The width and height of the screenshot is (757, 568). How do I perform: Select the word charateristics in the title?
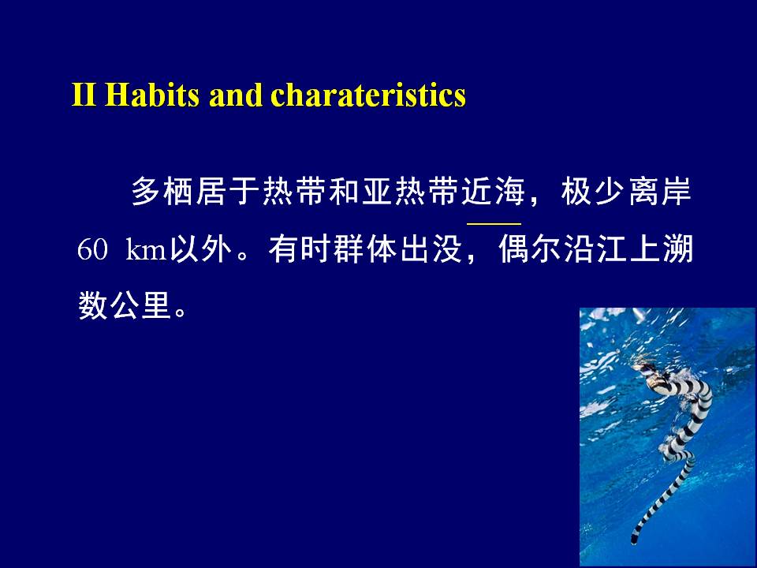368,95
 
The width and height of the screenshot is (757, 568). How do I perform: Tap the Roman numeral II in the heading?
84,95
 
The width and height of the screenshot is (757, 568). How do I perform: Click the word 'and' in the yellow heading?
235,95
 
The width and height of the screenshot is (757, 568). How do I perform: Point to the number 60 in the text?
91,249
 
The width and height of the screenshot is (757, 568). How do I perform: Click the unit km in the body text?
146,249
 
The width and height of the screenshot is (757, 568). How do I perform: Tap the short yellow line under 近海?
494,224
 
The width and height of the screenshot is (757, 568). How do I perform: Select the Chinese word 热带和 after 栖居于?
311,191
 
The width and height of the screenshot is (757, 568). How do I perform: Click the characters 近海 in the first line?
493,191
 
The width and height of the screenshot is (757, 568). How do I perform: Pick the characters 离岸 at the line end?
660,191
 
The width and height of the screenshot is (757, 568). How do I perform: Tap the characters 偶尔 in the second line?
531,249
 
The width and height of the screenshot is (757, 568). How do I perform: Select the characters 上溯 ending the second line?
662,249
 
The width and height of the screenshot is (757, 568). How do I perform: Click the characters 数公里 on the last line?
125,305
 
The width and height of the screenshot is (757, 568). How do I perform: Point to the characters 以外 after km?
200,249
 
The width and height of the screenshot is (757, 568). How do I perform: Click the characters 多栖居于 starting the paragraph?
196,191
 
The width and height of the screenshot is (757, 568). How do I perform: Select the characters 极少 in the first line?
593,191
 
